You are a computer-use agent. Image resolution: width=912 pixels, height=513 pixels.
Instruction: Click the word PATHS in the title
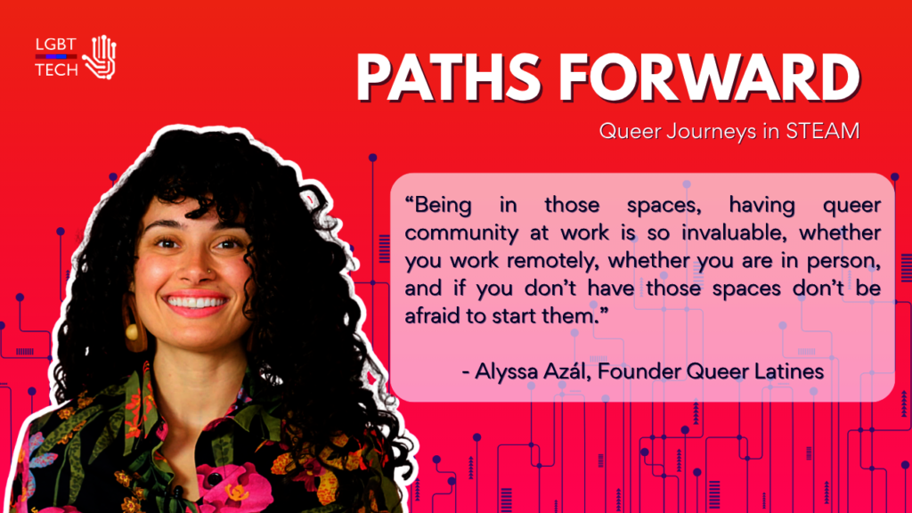(449, 78)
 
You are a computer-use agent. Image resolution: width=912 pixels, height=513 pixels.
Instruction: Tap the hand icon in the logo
(100, 57)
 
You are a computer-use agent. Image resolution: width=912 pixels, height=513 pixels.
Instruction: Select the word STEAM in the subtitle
(822, 131)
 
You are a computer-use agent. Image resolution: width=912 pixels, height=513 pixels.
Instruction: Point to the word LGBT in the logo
(56, 45)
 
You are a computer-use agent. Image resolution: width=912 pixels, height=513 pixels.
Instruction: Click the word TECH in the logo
(56, 69)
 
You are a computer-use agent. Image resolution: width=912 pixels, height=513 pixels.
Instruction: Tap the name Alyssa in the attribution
(506, 371)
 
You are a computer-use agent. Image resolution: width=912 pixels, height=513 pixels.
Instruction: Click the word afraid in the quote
(430, 316)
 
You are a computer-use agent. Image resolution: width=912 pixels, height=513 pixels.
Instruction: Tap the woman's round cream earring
(132, 331)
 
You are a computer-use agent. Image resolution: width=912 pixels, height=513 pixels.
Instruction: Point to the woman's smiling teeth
(196, 303)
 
